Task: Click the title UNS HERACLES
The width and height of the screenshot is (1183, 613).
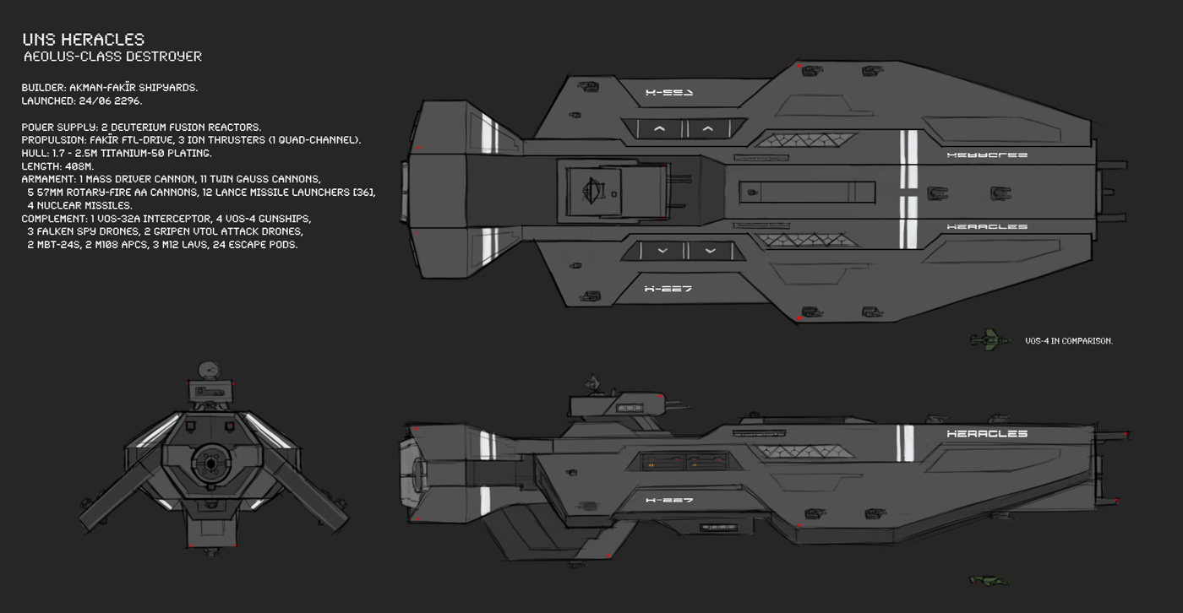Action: point(84,39)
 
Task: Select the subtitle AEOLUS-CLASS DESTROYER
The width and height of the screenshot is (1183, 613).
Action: point(112,57)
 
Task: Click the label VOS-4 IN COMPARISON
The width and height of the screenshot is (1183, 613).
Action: point(1068,341)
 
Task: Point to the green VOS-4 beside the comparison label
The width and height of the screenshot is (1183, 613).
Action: point(989,339)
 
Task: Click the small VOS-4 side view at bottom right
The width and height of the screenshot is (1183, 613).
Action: point(989,580)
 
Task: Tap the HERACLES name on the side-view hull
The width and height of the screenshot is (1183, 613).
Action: point(987,434)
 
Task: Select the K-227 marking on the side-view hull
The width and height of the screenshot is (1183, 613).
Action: point(668,501)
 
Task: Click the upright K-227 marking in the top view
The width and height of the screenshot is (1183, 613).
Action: point(668,289)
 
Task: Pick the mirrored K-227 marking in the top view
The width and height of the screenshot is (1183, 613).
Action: point(668,93)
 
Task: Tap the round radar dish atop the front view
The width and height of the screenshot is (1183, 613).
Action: point(207,370)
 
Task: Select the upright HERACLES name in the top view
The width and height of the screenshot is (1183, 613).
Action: point(987,227)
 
